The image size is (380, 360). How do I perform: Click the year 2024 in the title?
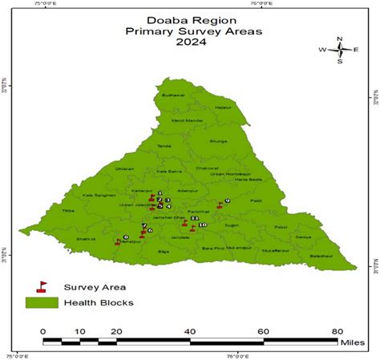click(189, 42)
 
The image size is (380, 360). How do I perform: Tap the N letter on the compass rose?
click(340, 38)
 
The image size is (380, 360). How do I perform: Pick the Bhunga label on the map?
click(219, 140)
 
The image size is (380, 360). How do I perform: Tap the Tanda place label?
click(164, 146)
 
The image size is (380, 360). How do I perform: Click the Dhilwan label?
click(124, 168)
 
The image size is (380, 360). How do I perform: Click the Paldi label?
click(256, 200)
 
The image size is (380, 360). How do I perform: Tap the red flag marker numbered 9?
click(219, 205)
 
